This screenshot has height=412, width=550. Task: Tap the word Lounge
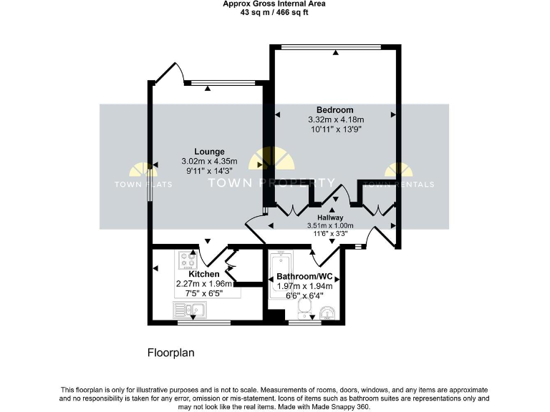tap(209, 152)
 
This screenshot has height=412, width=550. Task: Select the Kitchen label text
tap(203, 274)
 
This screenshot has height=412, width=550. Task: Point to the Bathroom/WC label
tap(306, 276)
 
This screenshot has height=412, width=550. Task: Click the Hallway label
tap(330, 217)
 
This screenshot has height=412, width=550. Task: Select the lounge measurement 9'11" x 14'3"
tap(209, 171)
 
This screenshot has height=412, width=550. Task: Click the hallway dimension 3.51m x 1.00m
tap(330, 225)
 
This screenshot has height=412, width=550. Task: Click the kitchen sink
tap(188, 310)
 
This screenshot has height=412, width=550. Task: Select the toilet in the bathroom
tap(304, 308)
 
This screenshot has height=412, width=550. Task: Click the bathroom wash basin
tap(327, 312)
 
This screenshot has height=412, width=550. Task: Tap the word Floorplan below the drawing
tap(170, 353)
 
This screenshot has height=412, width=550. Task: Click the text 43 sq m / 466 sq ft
tap(274, 12)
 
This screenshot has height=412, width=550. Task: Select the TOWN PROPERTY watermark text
tap(271, 182)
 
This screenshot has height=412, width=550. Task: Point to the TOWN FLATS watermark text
tap(143, 184)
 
